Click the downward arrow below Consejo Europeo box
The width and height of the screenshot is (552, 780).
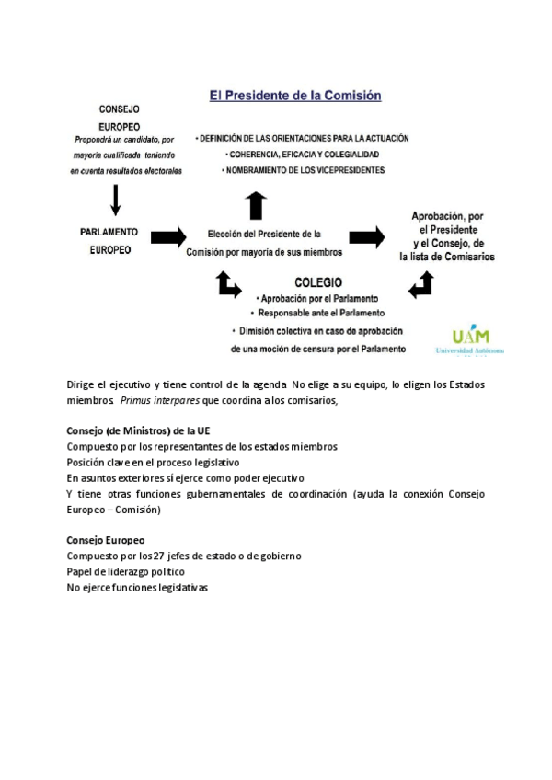116,199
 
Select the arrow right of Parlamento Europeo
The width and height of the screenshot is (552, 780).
167,237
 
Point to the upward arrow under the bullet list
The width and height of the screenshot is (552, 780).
257,204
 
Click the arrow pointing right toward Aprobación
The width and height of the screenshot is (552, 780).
366,237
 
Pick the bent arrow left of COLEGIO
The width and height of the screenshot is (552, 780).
227,284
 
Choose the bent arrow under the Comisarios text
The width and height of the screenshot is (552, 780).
420,285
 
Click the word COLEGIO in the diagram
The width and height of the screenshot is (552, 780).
318,282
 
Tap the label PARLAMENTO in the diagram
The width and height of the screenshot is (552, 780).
109,232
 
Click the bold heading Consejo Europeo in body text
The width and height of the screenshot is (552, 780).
106,540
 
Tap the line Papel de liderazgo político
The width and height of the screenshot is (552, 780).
126,572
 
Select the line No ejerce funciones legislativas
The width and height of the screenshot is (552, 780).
138,588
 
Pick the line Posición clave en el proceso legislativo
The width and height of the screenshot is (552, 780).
153,462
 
